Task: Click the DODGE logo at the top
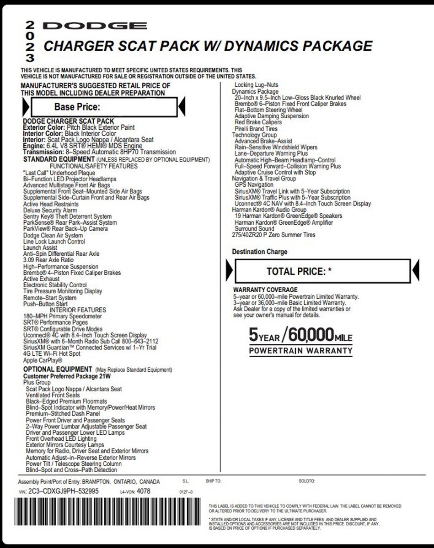tap(95, 26)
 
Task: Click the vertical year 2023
tap(30, 42)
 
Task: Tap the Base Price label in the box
tap(77, 107)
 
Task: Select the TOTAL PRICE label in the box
tap(299, 271)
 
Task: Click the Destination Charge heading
tap(259, 252)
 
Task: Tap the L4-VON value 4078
tap(143, 491)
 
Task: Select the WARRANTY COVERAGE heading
tap(265, 290)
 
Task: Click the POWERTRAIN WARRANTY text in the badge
tap(300, 351)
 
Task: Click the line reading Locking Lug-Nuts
tap(256, 85)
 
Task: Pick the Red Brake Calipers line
tap(258, 122)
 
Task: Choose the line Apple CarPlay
tap(43, 360)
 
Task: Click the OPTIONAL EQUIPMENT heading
tap(58, 369)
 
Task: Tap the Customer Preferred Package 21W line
tap(67, 376)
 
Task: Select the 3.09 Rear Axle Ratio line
tap(48, 260)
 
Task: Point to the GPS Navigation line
tap(254, 185)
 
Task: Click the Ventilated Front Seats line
tap(53, 395)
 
